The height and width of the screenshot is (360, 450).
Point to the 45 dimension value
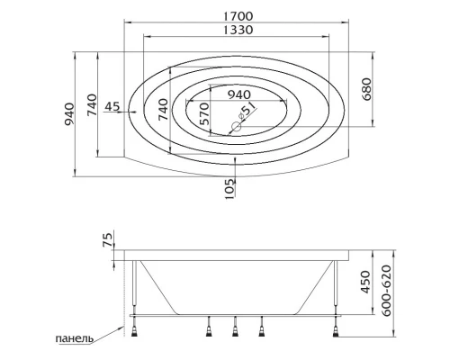[x=112, y=107]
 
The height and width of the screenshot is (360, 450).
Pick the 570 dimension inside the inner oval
[x=203, y=112]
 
